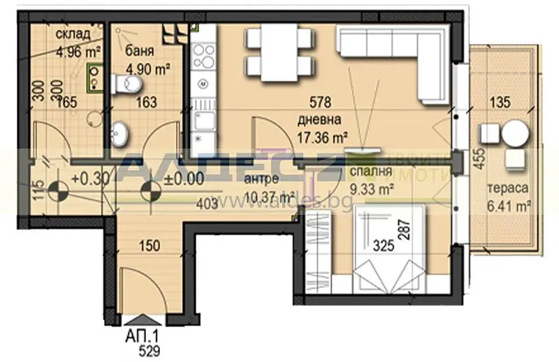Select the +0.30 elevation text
(x=90, y=177)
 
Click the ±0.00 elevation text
(x=184, y=177)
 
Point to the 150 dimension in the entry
(x=149, y=246)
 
